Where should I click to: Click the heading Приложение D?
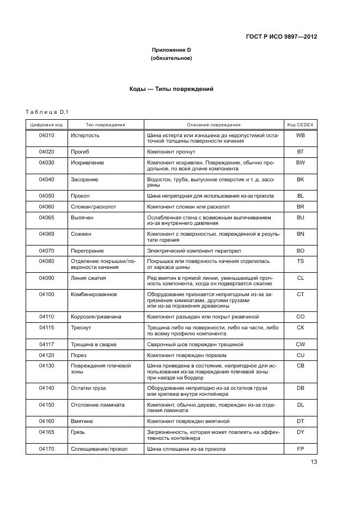coord(171,50)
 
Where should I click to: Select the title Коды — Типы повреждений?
coord(171,89)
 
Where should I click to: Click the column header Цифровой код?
coord(46,125)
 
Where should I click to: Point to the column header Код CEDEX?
coord(300,125)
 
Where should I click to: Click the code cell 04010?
coord(46,135)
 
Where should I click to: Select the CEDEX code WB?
coord(300,135)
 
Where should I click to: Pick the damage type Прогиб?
coord(80,151)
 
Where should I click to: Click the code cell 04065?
coord(46,217)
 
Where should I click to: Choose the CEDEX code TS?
coord(300,261)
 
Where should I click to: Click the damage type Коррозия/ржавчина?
coord(96,316)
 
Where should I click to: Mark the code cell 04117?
coord(46,344)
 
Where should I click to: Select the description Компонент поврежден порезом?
coord(187,355)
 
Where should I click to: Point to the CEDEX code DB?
coord(300,388)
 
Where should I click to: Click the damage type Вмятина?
coord(82,421)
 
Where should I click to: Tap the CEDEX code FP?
coord(300,449)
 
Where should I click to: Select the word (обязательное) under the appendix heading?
coord(171,58)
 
